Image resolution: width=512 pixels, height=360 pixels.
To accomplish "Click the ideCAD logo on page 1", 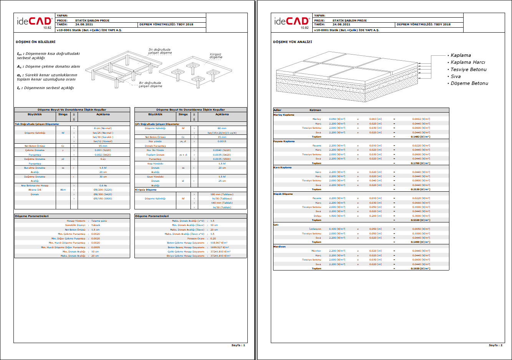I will (34, 22).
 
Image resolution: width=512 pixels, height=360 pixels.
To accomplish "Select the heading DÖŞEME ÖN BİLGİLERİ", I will (36, 42).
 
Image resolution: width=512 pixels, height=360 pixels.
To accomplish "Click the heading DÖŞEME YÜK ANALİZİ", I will (293, 42).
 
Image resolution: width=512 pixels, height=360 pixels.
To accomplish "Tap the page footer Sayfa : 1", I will (238, 345).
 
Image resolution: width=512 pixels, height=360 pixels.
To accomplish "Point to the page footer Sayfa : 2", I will (495, 345).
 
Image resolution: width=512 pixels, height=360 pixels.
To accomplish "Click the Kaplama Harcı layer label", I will (468, 62).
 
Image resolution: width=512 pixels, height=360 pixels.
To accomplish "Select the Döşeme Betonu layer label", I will (469, 83).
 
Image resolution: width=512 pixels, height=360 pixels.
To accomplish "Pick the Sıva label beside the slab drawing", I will (456, 76).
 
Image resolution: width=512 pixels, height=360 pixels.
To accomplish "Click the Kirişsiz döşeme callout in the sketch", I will (216, 56).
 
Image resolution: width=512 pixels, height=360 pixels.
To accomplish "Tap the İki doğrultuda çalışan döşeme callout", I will (160, 51).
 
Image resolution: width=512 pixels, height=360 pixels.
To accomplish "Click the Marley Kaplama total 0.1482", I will (420, 137).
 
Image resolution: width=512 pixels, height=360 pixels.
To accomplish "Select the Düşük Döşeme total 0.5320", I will (420, 220).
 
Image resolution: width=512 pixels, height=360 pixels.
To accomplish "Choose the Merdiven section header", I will (279, 247).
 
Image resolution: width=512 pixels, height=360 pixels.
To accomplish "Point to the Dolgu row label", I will (317, 216).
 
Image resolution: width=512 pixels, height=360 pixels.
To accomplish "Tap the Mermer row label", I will (316, 251).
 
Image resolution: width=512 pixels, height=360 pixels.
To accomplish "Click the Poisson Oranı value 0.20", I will (213, 239).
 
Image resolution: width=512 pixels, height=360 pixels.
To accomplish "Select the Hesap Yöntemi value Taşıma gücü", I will (99, 221).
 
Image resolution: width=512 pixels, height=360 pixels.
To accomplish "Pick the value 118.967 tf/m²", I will (219, 243).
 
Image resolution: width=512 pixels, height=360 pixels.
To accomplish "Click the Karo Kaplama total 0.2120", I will (420, 189).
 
